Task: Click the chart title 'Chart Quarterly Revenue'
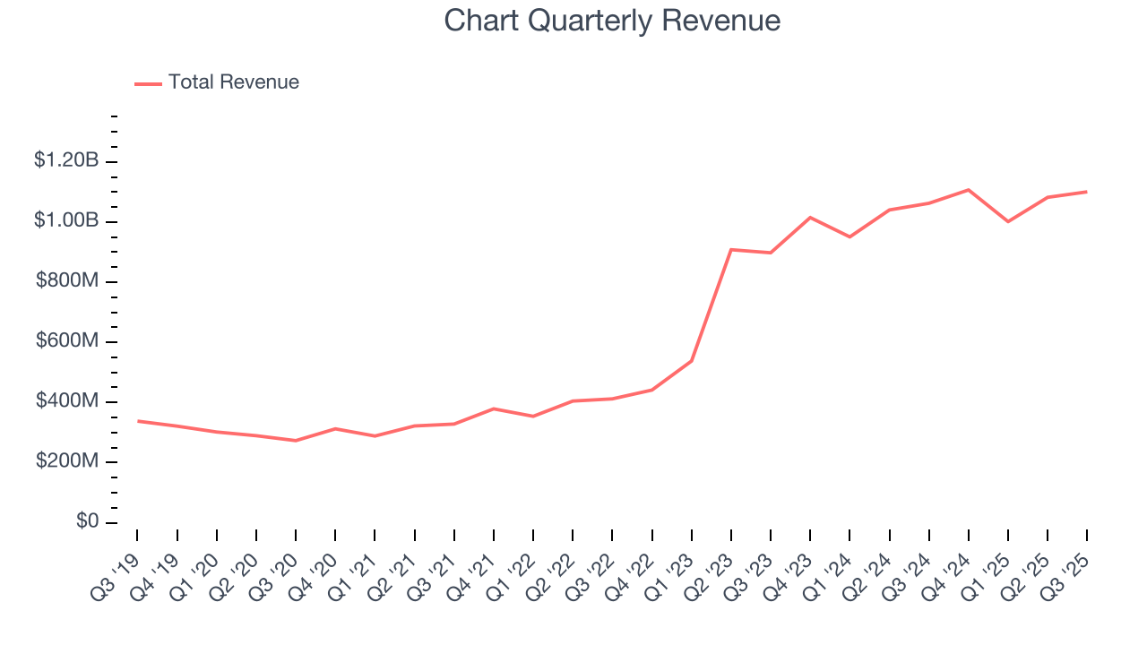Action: pos(612,21)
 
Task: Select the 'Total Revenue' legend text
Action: pos(233,82)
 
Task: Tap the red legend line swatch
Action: pos(148,83)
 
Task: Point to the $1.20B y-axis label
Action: pos(66,160)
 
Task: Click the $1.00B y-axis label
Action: pos(66,220)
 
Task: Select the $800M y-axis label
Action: pos(67,280)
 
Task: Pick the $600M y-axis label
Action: pos(67,341)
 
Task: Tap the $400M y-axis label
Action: pos(67,401)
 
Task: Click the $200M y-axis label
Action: pos(67,461)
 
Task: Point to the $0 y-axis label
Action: pos(87,521)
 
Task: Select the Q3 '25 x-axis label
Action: pos(1066,566)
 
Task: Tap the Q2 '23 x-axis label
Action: pos(711,566)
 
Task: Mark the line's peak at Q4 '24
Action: pos(969,190)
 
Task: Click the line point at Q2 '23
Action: pos(731,249)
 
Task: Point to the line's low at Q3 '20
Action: pos(296,441)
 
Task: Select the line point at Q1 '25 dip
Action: pos(1008,221)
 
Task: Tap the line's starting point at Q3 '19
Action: pos(137,421)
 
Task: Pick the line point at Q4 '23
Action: pos(810,218)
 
